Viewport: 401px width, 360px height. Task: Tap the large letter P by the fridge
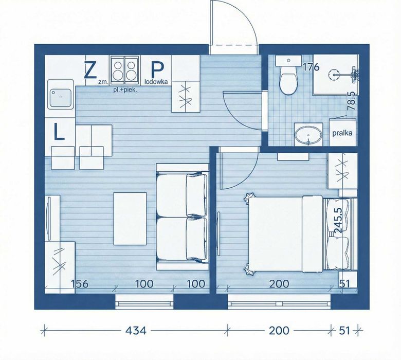tap(157, 70)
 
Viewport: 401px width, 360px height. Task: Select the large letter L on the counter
tap(59, 132)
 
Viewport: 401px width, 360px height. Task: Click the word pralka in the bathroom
tap(342, 133)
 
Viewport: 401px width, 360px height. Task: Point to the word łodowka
tap(156, 82)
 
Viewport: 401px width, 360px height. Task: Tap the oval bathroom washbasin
tap(308, 135)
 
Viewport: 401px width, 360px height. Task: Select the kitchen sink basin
tap(61, 98)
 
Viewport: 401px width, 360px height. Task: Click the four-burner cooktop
tap(125, 70)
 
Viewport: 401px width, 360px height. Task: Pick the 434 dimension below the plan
tap(136, 331)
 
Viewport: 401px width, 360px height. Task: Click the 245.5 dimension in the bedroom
tap(338, 220)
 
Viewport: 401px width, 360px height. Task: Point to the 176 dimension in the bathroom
tap(311, 67)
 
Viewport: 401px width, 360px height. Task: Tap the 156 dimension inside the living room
tap(80, 284)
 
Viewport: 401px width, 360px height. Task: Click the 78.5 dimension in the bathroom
tap(351, 101)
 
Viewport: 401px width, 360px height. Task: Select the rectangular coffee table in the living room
tap(130, 219)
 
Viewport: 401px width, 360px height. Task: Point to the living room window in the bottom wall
tap(144, 302)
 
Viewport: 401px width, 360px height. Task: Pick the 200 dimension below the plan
tap(279, 331)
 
